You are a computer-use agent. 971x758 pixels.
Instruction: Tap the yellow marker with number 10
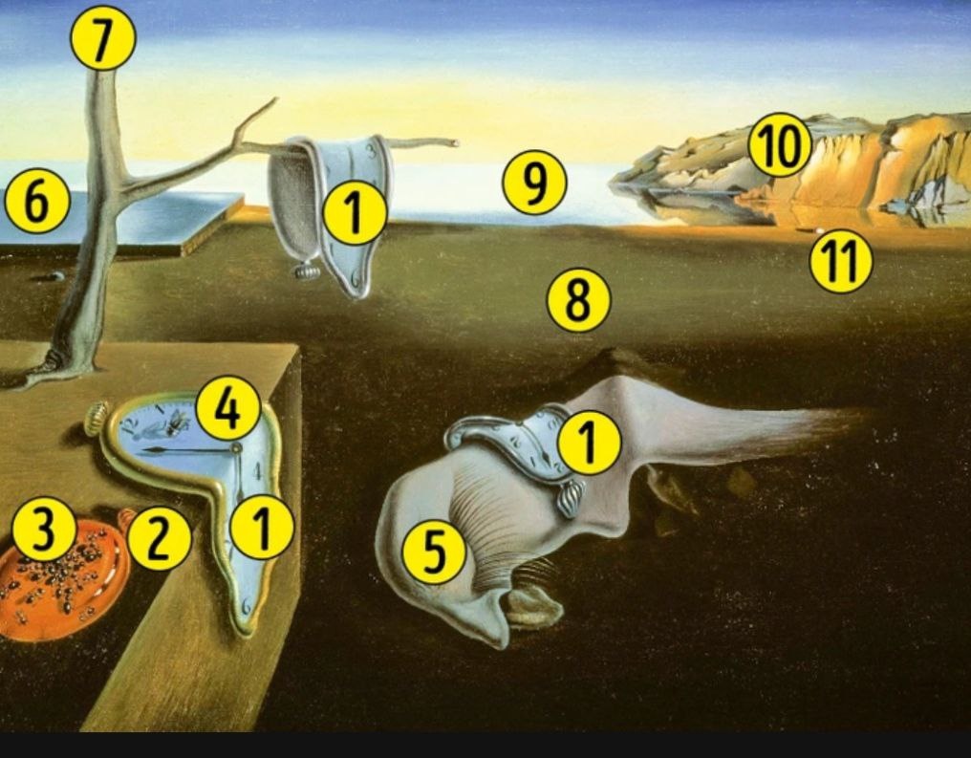[780, 145]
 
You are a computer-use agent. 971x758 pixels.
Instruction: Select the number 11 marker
[841, 261]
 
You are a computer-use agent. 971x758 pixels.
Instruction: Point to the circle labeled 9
[534, 182]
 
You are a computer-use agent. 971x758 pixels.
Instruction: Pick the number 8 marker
[578, 300]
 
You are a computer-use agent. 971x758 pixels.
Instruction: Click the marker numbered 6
[37, 202]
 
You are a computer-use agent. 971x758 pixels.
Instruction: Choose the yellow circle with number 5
[434, 552]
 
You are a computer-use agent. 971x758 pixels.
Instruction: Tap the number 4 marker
[227, 408]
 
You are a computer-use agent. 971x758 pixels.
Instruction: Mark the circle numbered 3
[44, 530]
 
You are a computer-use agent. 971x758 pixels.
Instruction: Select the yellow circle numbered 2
[160, 538]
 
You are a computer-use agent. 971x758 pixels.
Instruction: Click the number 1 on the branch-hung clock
[355, 213]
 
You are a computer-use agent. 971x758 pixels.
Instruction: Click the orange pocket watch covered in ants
[62, 576]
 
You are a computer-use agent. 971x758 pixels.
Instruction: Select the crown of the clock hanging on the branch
[307, 271]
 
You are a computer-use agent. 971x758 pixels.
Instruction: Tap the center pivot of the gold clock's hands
[235, 447]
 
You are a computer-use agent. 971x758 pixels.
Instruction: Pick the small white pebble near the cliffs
[820, 230]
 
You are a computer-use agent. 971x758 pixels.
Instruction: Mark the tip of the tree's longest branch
[457, 143]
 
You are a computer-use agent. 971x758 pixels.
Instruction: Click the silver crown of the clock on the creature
[571, 499]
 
